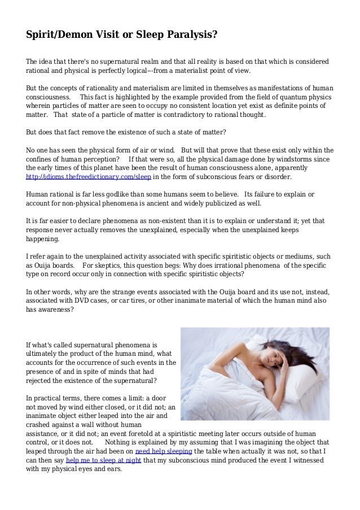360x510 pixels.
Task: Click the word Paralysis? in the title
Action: [x=188, y=35]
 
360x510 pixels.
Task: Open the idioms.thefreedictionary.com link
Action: [x=89, y=176]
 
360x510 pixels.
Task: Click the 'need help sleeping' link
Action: [x=164, y=452]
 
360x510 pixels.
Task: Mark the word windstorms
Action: [x=283, y=159]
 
